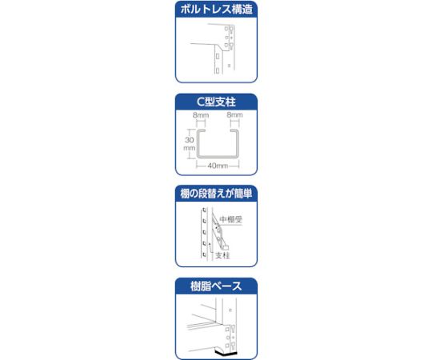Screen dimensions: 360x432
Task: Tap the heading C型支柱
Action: (x=216, y=102)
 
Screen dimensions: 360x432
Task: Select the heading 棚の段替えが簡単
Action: (x=216, y=194)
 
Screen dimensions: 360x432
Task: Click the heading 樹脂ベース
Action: (x=216, y=285)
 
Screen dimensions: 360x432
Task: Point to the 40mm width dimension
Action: (x=218, y=166)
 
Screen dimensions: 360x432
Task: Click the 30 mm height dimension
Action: (x=189, y=142)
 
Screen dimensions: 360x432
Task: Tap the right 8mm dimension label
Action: (x=234, y=115)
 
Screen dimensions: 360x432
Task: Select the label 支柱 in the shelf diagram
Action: (x=223, y=255)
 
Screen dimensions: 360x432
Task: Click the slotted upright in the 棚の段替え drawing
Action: (x=205, y=236)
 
